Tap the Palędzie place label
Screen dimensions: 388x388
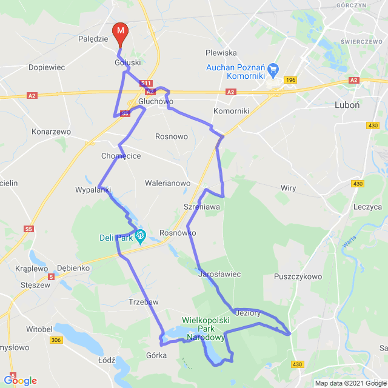(93, 39)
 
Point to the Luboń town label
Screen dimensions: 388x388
(347, 104)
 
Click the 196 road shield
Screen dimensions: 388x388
(291, 79)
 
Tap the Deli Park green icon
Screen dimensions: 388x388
(141, 235)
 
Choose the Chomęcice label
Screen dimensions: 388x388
(121, 156)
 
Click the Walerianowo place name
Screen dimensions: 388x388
(167, 182)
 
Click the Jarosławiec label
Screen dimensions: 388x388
(219, 274)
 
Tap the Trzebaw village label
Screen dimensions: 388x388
(143, 302)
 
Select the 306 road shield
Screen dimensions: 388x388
(56, 341)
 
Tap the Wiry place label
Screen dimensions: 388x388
(288, 188)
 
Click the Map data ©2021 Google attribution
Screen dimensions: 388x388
(350, 383)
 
